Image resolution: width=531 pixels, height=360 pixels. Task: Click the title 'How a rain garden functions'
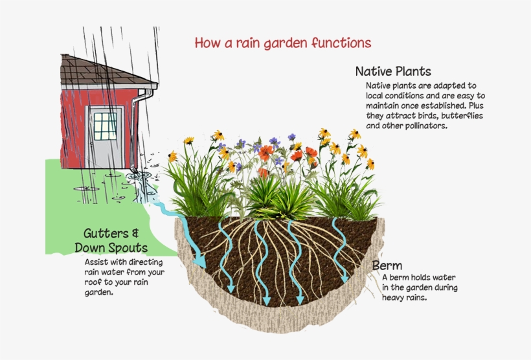pyautogui.click(x=283, y=43)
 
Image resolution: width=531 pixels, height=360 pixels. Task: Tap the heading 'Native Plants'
pyautogui.click(x=392, y=71)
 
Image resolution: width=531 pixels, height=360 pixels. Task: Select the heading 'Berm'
pyautogui.click(x=387, y=265)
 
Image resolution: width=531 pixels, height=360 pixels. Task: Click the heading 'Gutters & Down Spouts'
pyautogui.click(x=111, y=240)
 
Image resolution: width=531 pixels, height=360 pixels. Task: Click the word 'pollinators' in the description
pyautogui.click(x=424, y=126)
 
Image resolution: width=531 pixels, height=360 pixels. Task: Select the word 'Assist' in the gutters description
pyautogui.click(x=97, y=262)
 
